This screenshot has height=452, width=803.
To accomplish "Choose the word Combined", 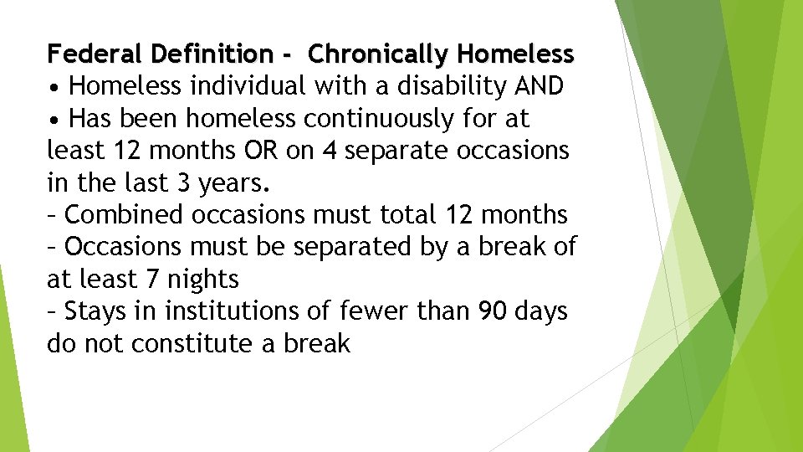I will pos(125,215).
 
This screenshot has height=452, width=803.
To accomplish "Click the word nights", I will pos(203,280).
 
